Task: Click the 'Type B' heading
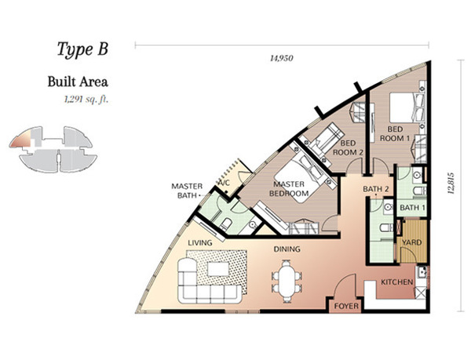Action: click(x=82, y=49)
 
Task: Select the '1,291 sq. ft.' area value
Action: click(x=86, y=100)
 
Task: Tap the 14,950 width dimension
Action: click(x=282, y=58)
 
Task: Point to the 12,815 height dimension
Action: click(x=451, y=183)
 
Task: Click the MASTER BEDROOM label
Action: click(x=289, y=189)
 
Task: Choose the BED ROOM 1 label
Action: click(x=395, y=134)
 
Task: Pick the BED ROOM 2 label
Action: click(x=348, y=147)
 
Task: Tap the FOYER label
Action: click(x=346, y=306)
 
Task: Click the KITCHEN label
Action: click(x=396, y=282)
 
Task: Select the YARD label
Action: click(x=411, y=242)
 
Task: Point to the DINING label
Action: click(x=287, y=249)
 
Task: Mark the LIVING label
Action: click(x=200, y=242)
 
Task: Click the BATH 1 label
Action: click(x=412, y=207)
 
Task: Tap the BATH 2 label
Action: click(x=376, y=189)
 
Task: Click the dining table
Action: click(x=287, y=281)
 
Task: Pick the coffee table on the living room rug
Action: click(x=218, y=269)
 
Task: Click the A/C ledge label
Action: click(x=224, y=183)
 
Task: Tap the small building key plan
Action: click(x=53, y=149)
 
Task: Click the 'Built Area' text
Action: click(x=78, y=82)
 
